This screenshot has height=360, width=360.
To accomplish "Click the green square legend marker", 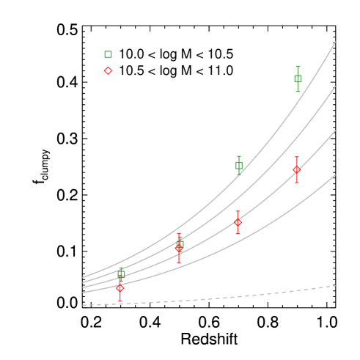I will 109,54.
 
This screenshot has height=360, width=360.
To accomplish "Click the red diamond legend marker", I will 109,71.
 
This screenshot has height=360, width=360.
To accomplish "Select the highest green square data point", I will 298,78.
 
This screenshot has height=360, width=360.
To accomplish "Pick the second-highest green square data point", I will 239,165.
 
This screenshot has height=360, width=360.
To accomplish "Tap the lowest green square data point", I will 121,273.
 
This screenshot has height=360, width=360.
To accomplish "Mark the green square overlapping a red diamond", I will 180,243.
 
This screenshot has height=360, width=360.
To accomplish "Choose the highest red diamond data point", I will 297,169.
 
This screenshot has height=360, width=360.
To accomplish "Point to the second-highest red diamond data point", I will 238,221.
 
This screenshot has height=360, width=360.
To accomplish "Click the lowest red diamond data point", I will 120,287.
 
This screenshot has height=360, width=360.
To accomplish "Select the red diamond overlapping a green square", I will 178,249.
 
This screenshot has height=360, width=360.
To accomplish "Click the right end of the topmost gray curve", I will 335,43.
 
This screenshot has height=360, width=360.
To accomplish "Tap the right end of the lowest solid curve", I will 335,175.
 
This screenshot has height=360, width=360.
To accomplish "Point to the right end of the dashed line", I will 335,286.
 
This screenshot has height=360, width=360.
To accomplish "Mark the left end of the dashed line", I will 84,304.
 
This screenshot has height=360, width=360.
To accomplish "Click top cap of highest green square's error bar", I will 298,66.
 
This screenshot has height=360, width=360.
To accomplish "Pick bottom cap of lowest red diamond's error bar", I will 120,301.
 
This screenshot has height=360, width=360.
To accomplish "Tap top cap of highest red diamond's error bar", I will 297,157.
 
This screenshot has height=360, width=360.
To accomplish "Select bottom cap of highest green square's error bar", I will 298,91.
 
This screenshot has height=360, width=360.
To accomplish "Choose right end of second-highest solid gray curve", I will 335,87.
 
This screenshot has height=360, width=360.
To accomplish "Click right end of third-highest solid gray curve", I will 335,131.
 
